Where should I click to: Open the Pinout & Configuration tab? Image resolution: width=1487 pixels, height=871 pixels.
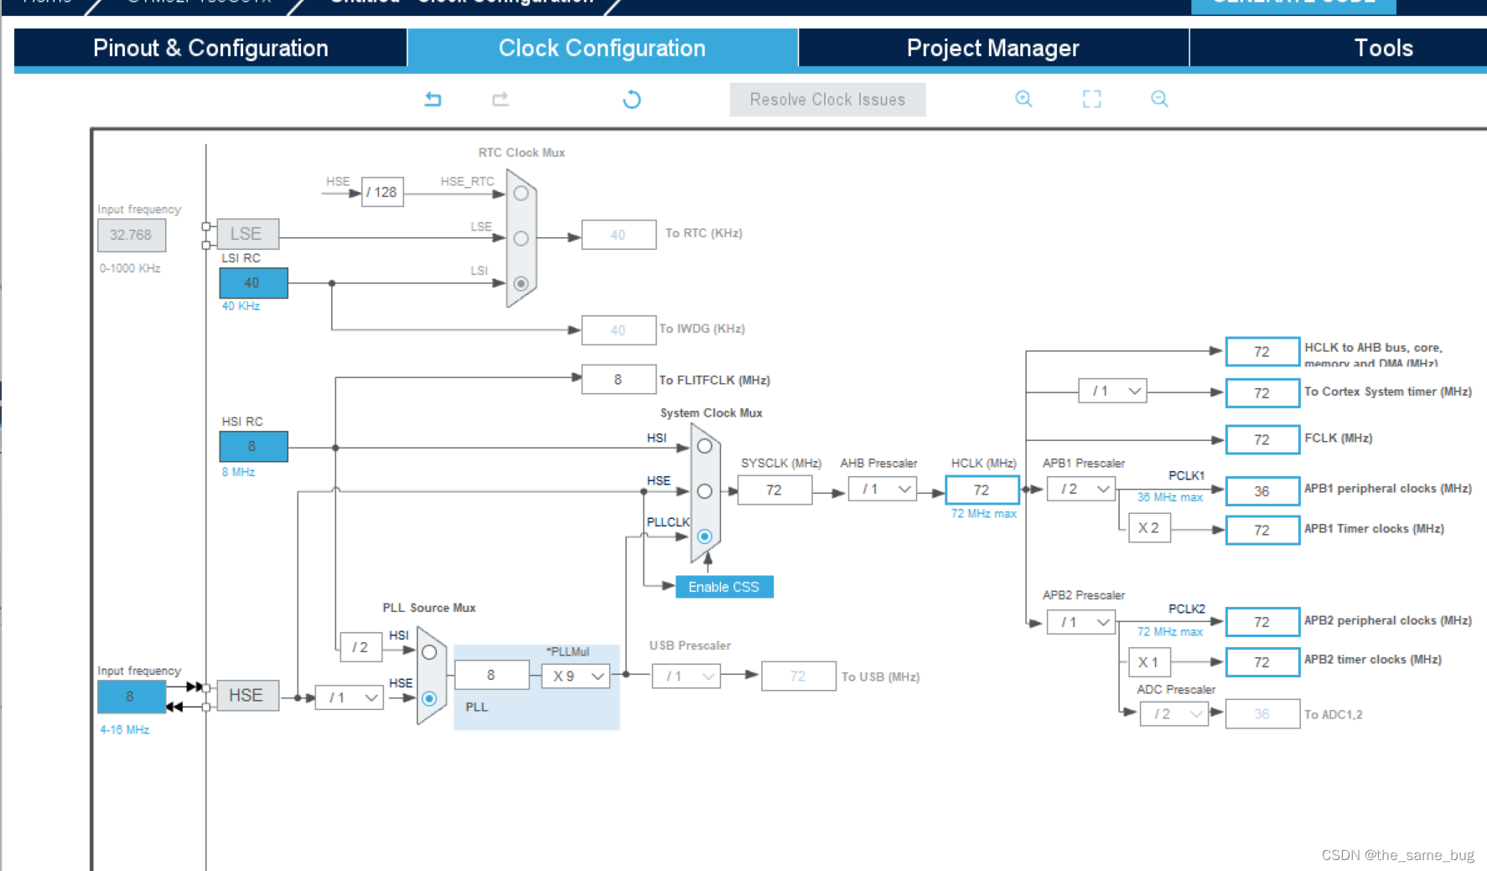pyautogui.click(x=210, y=48)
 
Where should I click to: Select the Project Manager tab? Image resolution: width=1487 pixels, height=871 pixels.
pyautogui.click(x=992, y=48)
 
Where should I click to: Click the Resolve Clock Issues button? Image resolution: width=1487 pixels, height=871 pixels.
pyautogui.click(x=827, y=100)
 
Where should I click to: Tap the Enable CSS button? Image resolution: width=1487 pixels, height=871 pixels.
pyautogui.click(x=723, y=587)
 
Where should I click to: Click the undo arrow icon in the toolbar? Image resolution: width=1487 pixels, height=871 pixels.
pyautogui.click(x=433, y=100)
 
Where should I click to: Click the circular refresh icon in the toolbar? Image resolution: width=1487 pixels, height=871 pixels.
pyautogui.click(x=632, y=100)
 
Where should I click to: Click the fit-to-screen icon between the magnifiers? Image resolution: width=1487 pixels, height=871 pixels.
pyautogui.click(x=1091, y=99)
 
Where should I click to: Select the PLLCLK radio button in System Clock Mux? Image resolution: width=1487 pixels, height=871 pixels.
pyautogui.click(x=705, y=537)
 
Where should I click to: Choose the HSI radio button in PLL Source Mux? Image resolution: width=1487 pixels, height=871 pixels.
pyautogui.click(x=429, y=652)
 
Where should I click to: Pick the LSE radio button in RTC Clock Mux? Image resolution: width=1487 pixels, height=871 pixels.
pyautogui.click(x=521, y=239)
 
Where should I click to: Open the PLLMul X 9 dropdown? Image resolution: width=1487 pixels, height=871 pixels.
pyautogui.click(x=576, y=676)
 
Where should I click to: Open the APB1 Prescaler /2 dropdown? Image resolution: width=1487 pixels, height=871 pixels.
pyautogui.click(x=1081, y=489)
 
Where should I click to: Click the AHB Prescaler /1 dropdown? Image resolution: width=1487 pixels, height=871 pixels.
pyautogui.click(x=883, y=489)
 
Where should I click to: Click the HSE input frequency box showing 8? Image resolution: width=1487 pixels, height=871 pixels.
pyautogui.click(x=131, y=697)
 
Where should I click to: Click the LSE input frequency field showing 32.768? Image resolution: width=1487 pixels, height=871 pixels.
pyautogui.click(x=132, y=236)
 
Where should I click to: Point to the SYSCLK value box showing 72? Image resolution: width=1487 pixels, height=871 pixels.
pyautogui.click(x=775, y=490)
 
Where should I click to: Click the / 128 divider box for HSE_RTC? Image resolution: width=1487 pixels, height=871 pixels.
pyautogui.click(x=382, y=192)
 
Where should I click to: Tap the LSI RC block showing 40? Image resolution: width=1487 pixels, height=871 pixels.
pyautogui.click(x=253, y=283)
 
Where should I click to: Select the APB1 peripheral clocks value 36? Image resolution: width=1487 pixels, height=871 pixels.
pyautogui.click(x=1262, y=491)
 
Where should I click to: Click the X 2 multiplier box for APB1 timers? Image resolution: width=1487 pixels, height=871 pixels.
pyautogui.click(x=1148, y=528)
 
